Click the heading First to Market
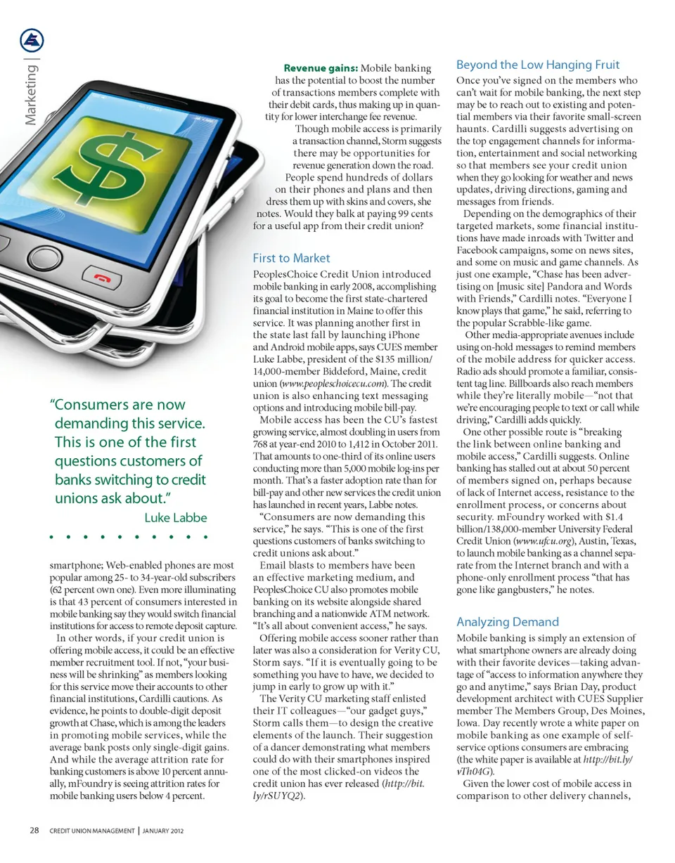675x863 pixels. click(x=290, y=258)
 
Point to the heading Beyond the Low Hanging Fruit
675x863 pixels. click(x=538, y=65)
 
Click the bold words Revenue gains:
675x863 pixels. click(x=321, y=68)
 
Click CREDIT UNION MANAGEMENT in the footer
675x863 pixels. click(x=92, y=831)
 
